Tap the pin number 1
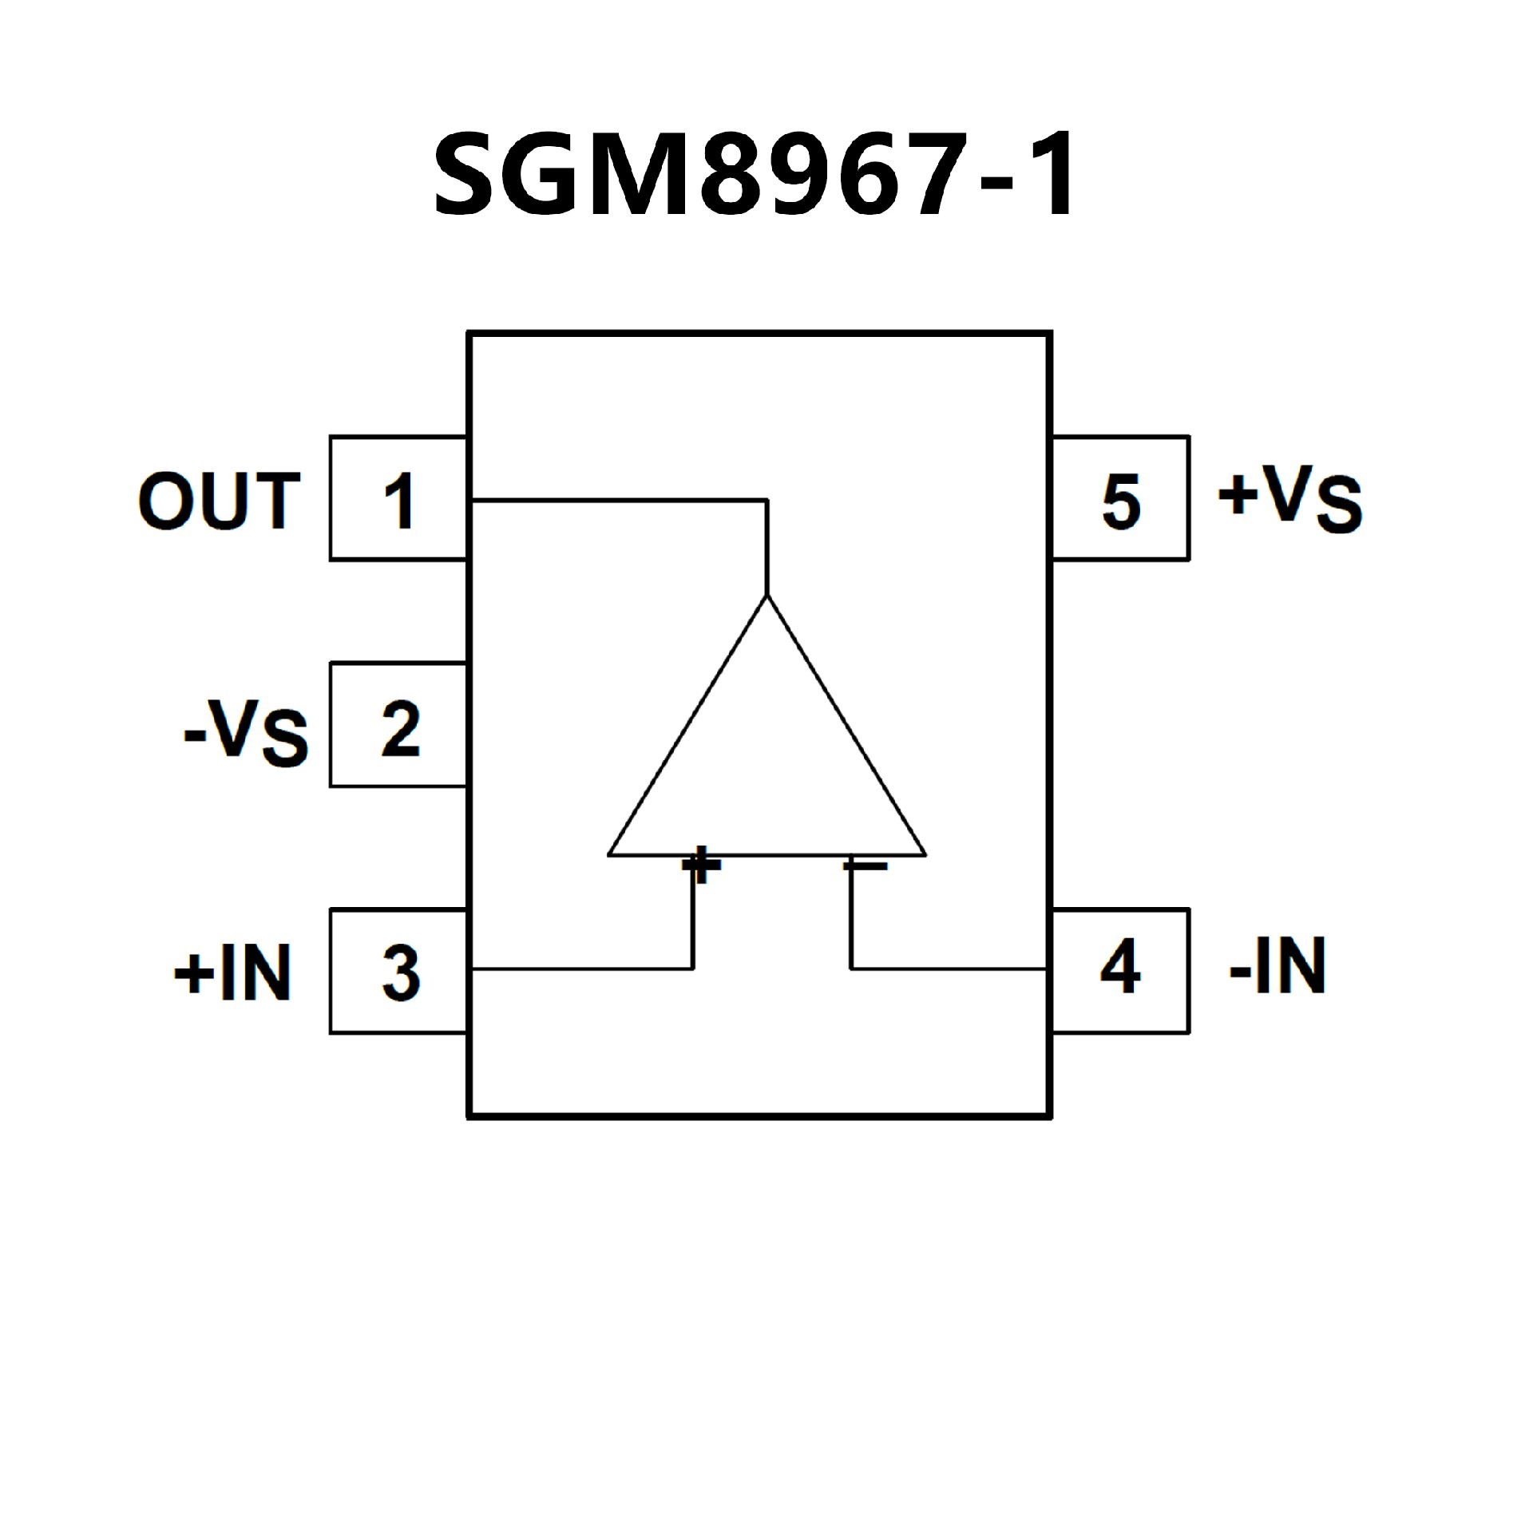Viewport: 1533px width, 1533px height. coord(398,501)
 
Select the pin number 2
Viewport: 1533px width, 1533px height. coord(400,729)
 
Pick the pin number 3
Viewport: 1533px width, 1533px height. coord(400,973)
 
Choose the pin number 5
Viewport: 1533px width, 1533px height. coord(1121,501)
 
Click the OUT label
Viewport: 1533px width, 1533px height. coord(219,501)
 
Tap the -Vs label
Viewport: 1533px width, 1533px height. coord(246,732)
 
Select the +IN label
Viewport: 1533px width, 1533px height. coord(232,973)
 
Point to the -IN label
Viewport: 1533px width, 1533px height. coord(1277,967)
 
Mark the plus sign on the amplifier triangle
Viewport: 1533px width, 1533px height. coord(700,864)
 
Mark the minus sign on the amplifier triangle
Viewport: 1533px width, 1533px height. coord(866,865)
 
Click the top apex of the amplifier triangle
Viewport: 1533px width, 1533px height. coord(766,597)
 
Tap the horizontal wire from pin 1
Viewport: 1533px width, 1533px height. coord(619,501)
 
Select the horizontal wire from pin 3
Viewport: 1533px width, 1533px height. coord(583,969)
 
